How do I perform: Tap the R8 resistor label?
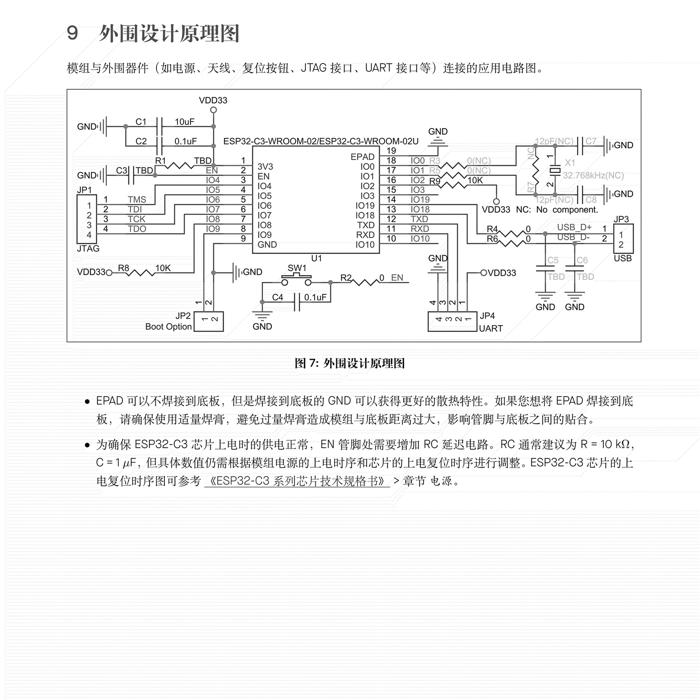[124, 268]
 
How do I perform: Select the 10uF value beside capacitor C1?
[184, 122]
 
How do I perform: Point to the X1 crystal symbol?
[555, 170]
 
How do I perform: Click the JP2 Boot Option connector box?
[209, 321]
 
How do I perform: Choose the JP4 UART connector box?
[452, 321]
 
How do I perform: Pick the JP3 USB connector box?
[623, 239]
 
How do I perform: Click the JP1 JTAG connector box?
[86, 219]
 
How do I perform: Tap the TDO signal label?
[137, 229]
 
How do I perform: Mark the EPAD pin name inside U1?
[362, 157]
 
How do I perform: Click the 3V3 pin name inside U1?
[265, 167]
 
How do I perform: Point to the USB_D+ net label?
[574, 227]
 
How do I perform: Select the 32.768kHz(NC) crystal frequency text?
[593, 175]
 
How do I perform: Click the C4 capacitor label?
[277, 297]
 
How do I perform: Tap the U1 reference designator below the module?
[316, 258]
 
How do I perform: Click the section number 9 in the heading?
[72, 33]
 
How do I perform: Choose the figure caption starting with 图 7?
[350, 363]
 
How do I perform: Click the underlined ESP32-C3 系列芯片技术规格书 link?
[297, 481]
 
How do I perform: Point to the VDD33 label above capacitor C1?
[213, 100]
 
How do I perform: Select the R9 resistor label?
[435, 181]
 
